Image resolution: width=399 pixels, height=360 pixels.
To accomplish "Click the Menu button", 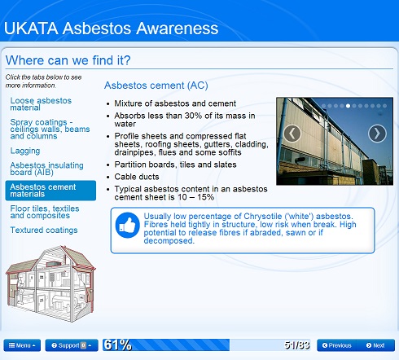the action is (22, 345).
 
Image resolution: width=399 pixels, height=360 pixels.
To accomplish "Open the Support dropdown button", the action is (72, 345).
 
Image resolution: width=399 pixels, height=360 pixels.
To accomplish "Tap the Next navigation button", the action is (375, 345).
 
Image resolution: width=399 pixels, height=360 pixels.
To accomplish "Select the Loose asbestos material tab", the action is (41, 104).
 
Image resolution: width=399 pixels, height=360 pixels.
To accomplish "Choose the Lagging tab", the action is (25, 151).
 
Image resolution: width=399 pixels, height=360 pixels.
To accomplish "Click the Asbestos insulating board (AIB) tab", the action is (46, 169).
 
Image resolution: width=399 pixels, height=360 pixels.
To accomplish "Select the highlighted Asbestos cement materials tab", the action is (50, 191).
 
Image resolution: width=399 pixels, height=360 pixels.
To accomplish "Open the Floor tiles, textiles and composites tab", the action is (45, 212).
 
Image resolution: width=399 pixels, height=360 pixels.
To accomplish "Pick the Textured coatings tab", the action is (44, 230).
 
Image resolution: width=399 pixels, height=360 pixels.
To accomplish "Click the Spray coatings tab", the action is (50, 129).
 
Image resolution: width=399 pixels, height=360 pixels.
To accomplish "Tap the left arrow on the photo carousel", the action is (292, 134).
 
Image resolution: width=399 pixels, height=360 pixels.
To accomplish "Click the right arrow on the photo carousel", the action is (377, 134).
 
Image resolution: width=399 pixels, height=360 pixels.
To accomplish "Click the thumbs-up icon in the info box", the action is (128, 225).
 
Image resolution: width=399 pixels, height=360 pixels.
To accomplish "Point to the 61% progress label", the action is (117, 345).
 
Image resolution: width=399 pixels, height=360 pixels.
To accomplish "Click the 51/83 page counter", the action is (297, 345).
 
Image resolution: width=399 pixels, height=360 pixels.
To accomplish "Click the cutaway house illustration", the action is (50, 283).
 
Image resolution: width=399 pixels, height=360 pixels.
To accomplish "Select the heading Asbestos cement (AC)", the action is (156, 86).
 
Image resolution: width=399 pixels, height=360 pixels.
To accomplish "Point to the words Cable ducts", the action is (137, 177).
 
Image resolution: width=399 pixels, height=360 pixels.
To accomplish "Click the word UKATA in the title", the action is (31, 29).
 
